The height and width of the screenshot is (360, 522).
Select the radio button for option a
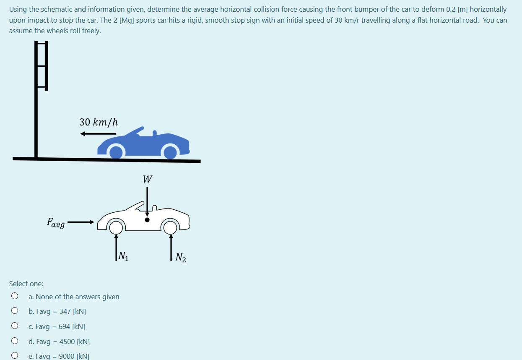tap(15, 296)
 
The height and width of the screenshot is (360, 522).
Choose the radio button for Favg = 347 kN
tap(15, 311)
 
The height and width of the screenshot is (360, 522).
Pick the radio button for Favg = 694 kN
tap(15, 326)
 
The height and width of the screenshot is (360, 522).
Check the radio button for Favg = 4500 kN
tap(15, 341)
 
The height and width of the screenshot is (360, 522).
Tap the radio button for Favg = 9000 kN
tap(15, 356)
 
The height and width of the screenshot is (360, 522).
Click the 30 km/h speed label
tap(99, 122)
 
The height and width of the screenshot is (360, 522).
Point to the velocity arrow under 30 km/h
tap(98, 134)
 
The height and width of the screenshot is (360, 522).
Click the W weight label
tap(147, 179)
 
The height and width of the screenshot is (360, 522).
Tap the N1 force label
tap(123, 256)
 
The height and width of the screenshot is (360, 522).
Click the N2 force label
tap(181, 257)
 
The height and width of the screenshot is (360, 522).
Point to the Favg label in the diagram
tap(56, 222)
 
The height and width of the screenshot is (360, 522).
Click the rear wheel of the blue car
tap(170, 151)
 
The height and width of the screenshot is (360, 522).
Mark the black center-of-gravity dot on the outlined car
tap(147, 219)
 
